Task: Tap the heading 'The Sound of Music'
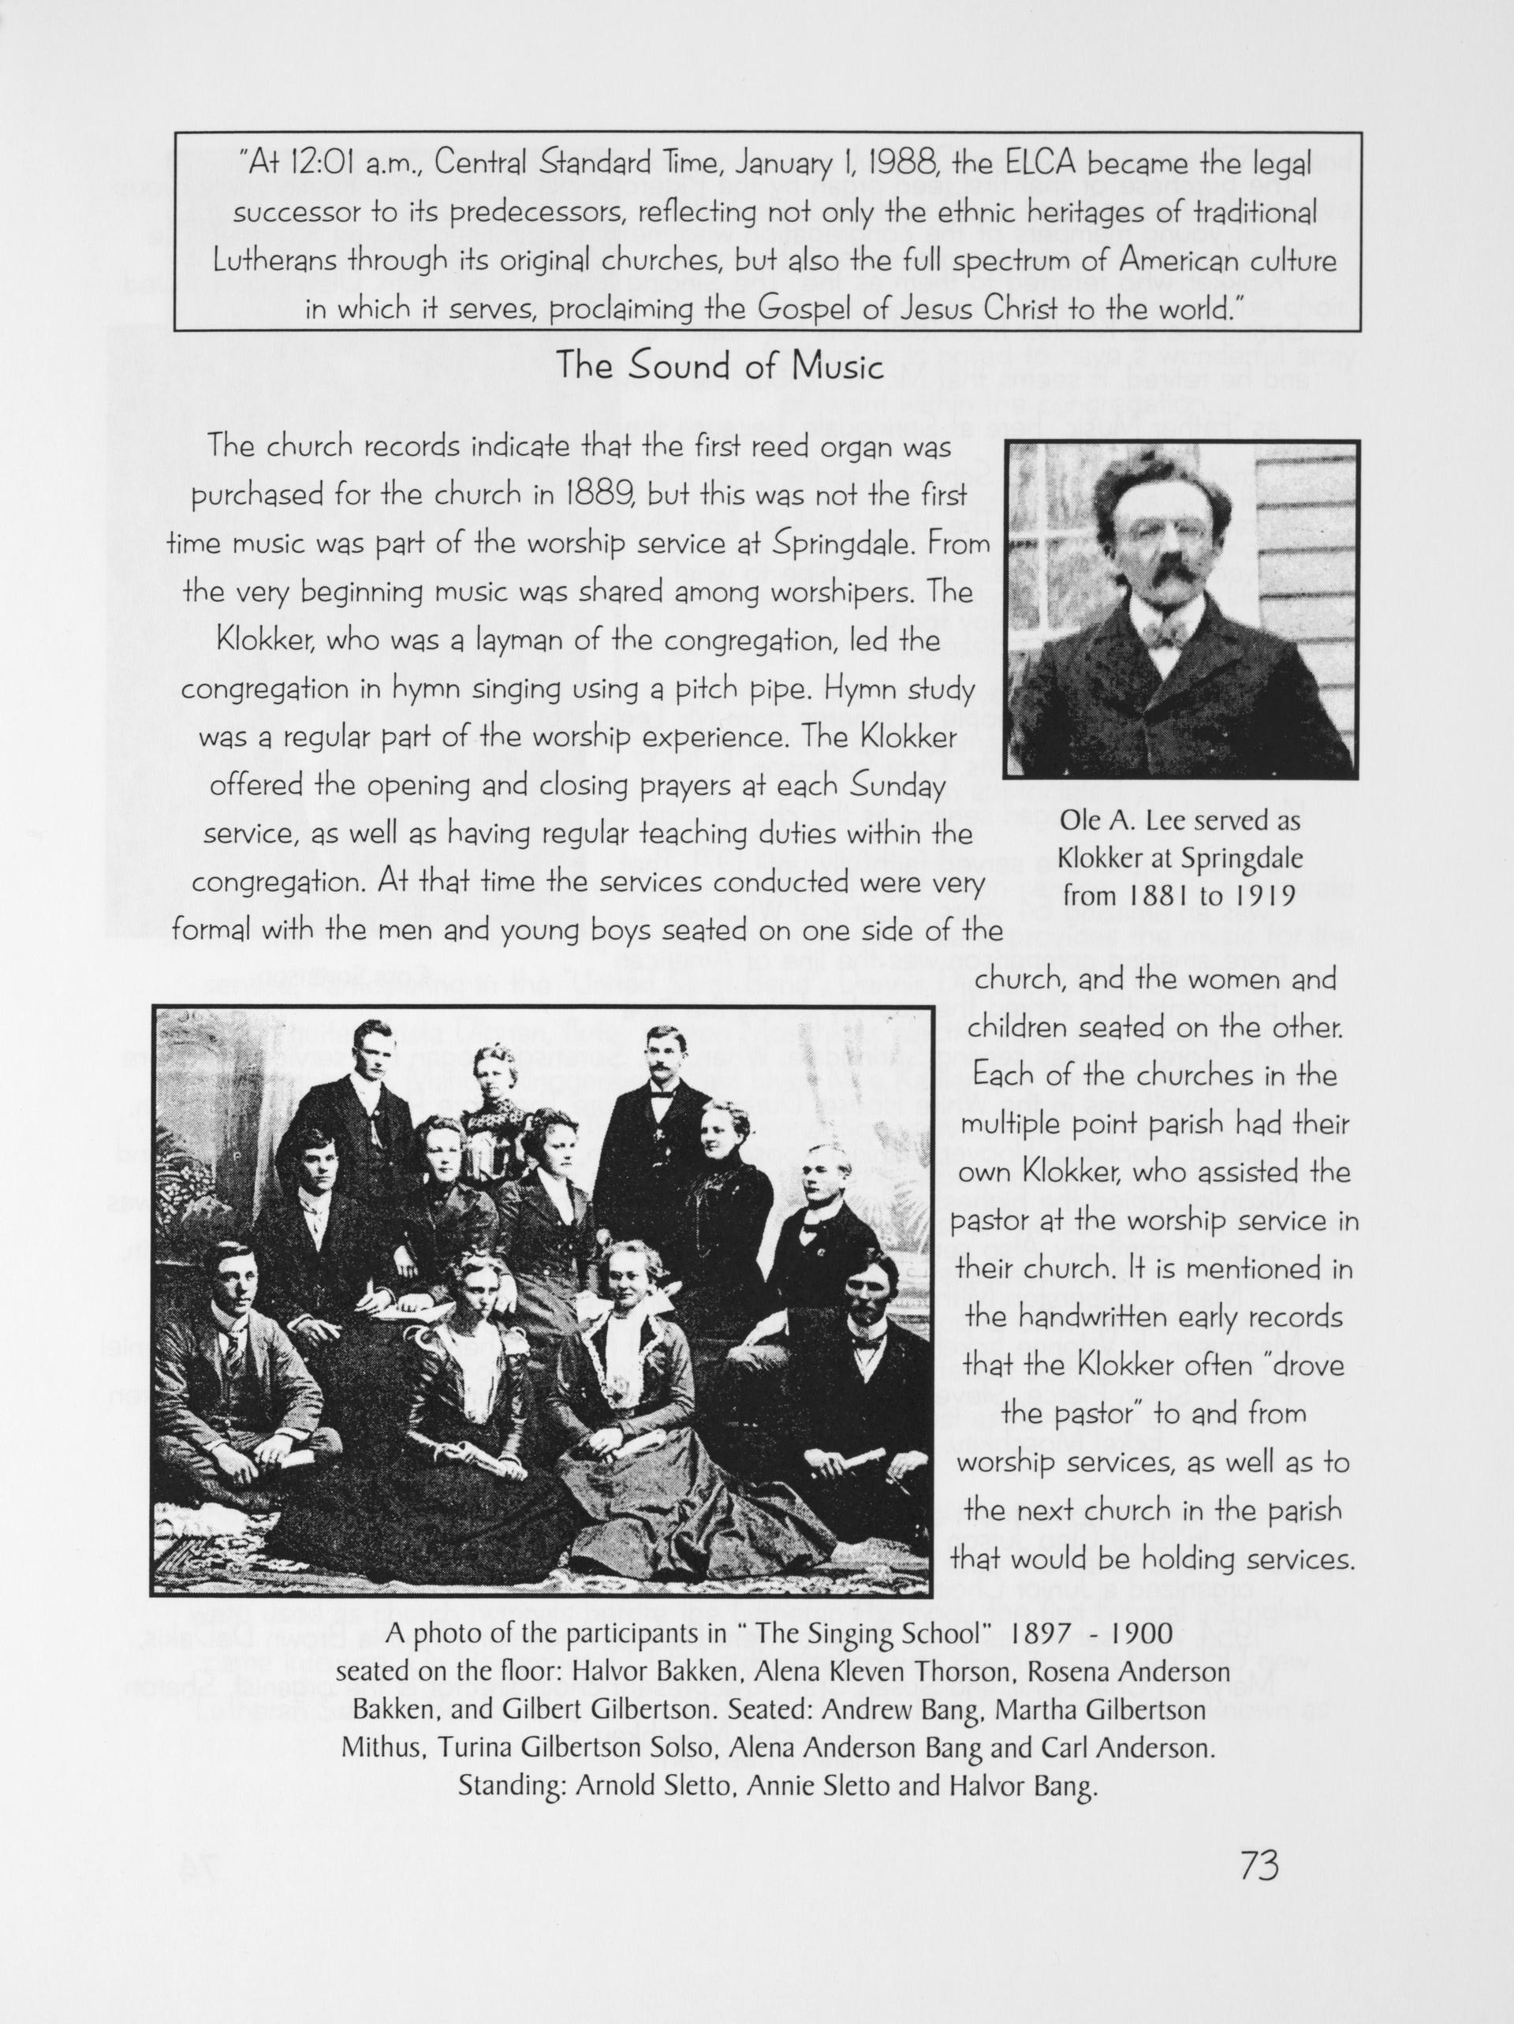[x=720, y=367]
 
